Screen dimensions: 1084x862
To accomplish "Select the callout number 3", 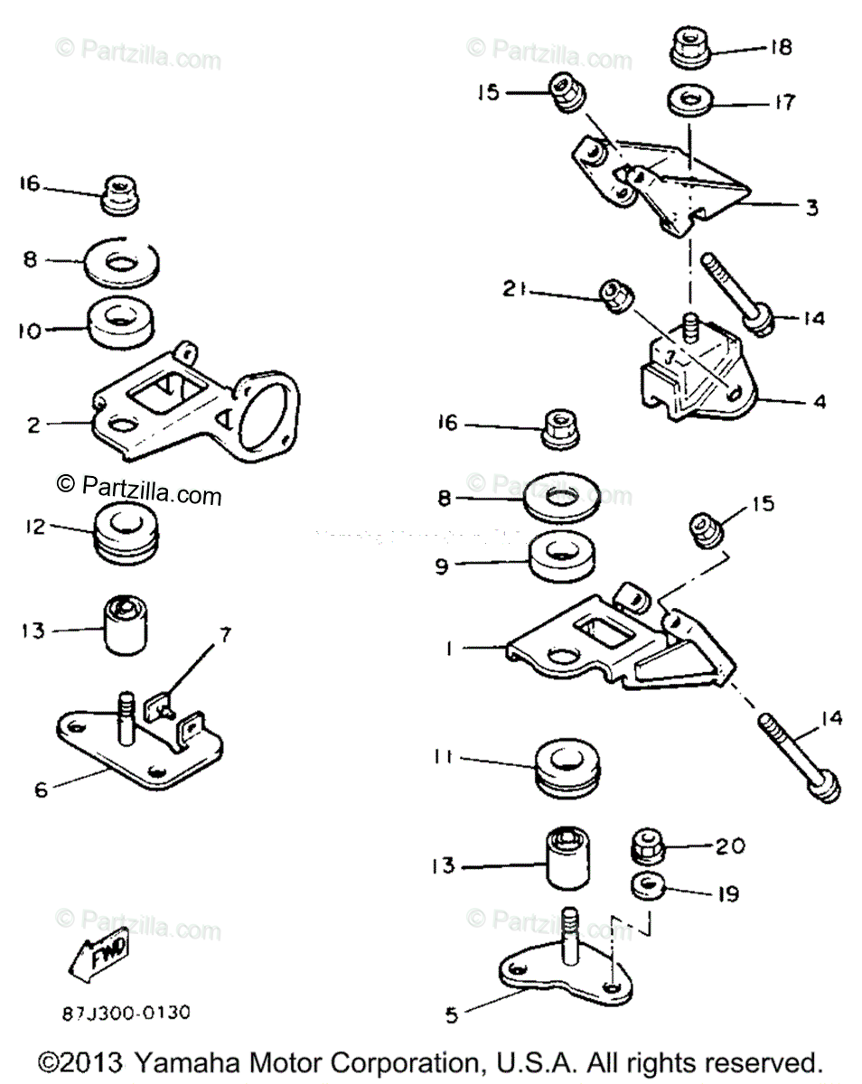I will (811, 208).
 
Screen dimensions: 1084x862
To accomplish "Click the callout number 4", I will (819, 400).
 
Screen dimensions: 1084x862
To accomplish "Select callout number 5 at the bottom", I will (452, 1014).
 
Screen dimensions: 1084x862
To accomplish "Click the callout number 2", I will (33, 425).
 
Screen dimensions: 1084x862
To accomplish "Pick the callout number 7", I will (223, 637).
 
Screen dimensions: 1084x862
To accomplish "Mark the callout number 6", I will (42, 789).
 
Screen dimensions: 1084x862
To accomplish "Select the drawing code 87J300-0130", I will (126, 1012).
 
